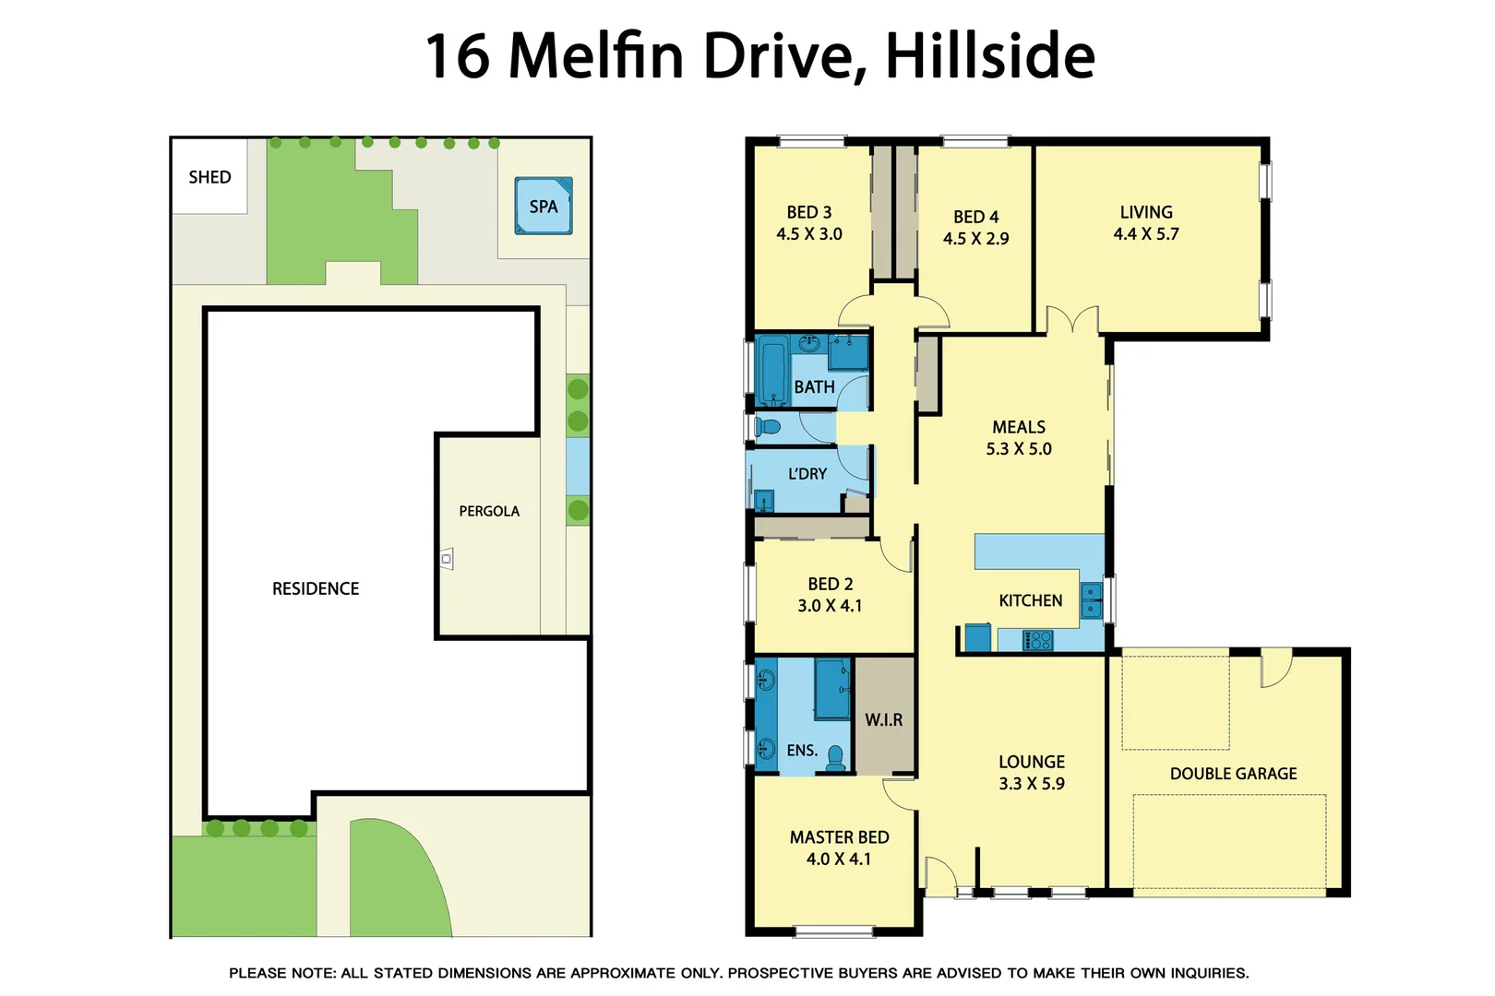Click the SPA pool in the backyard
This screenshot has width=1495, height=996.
[x=544, y=206]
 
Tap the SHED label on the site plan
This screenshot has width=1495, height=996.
[x=209, y=177]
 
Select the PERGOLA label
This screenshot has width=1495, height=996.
[x=489, y=511]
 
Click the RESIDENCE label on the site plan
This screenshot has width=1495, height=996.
[x=316, y=588]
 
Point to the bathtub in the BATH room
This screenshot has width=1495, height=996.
[x=771, y=371]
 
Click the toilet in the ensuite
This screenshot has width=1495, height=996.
[x=836, y=757]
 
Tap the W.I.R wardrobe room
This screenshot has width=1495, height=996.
[x=884, y=719]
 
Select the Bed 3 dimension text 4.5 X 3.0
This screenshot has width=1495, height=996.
[x=809, y=234]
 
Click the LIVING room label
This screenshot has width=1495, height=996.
[x=1146, y=212]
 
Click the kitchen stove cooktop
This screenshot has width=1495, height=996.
[x=1037, y=639]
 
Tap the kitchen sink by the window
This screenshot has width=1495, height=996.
[x=1092, y=599]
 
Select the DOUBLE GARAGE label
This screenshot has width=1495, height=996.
[x=1233, y=774]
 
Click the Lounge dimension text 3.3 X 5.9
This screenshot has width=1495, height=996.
[x=1032, y=784]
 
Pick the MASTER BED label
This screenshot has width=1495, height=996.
[x=839, y=837]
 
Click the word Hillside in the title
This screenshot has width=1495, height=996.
[x=990, y=56]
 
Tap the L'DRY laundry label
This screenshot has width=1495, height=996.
[x=807, y=474]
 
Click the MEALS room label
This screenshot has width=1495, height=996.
[x=1019, y=427]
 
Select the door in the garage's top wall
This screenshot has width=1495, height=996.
[x=1275, y=668]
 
